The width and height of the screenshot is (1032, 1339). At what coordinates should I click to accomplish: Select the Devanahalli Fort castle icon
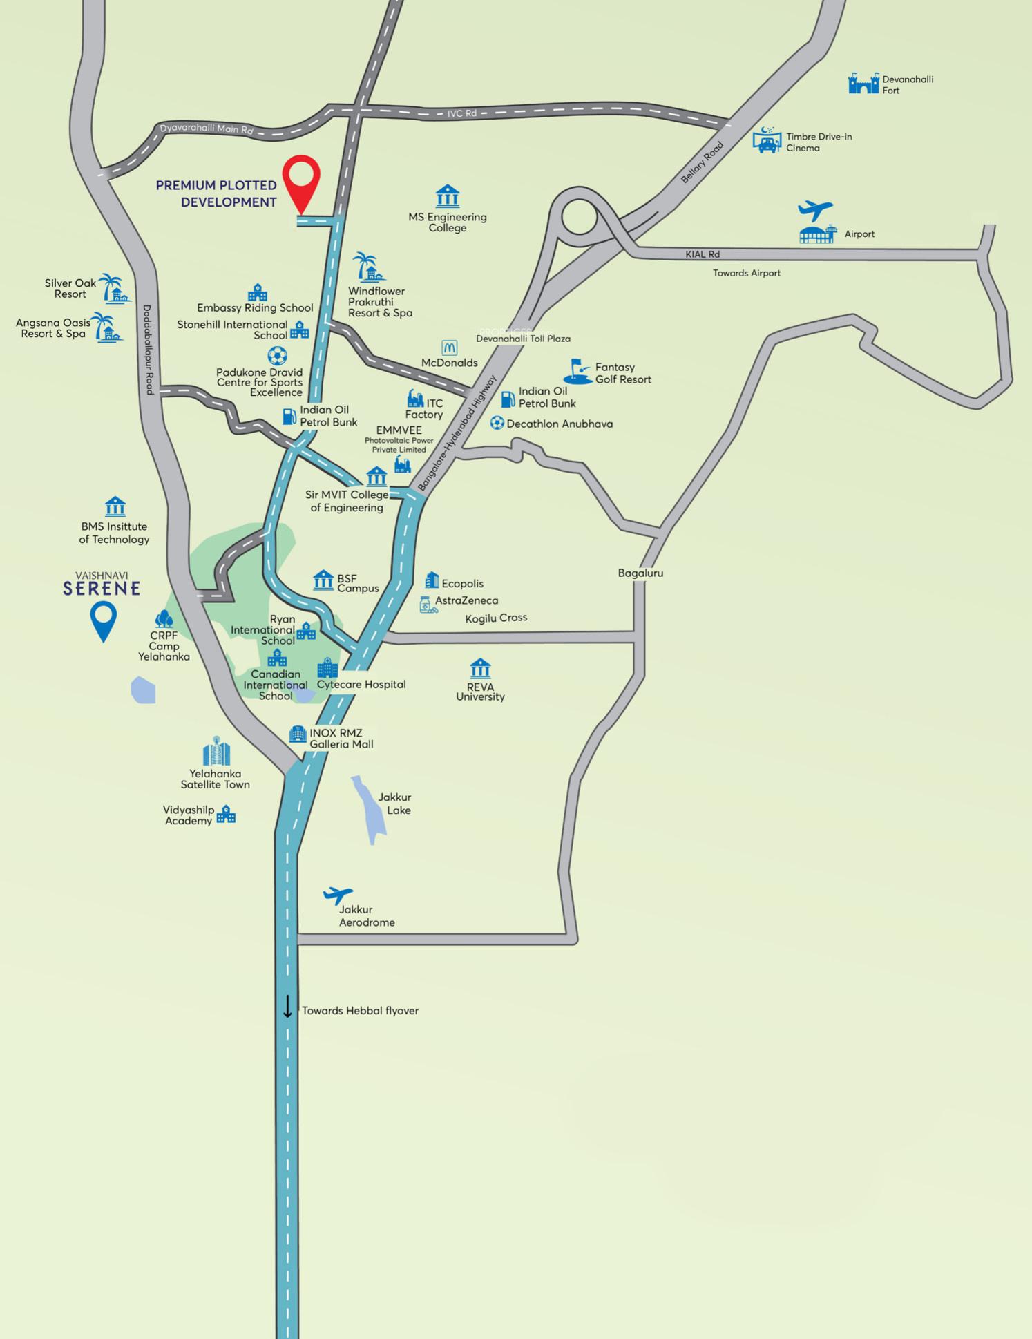pos(863,84)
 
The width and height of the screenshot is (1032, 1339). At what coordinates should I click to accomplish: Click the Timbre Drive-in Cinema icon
pos(767,140)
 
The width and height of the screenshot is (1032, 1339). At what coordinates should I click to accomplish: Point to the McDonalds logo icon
pos(449,348)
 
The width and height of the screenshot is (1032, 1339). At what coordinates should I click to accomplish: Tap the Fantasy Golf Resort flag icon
pos(577,371)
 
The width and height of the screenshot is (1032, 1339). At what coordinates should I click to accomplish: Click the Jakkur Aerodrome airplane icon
pos(338,895)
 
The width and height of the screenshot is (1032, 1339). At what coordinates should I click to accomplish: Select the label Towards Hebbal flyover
pos(360,1010)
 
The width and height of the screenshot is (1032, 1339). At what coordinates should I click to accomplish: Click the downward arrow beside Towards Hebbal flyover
pos(287,1007)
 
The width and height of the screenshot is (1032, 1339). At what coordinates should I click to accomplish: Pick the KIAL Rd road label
pos(703,254)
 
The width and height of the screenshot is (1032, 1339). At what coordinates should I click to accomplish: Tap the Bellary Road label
pos(702,162)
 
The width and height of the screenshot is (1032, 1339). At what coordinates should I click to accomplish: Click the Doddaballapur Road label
pos(148,350)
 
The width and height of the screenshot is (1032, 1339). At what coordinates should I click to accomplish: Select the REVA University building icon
pos(480,668)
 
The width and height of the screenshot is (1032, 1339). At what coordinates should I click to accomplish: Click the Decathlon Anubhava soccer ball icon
pos(497,423)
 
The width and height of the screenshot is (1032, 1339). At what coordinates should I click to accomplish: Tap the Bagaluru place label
pos(640,573)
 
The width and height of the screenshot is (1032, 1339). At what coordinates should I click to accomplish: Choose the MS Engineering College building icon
pos(448,196)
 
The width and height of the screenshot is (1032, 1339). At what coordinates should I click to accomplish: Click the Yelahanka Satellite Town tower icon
pos(216,751)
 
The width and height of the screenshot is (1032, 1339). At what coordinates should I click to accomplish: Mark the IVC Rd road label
pos(461,113)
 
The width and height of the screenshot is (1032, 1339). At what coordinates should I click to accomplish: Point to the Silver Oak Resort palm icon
pos(113,289)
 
